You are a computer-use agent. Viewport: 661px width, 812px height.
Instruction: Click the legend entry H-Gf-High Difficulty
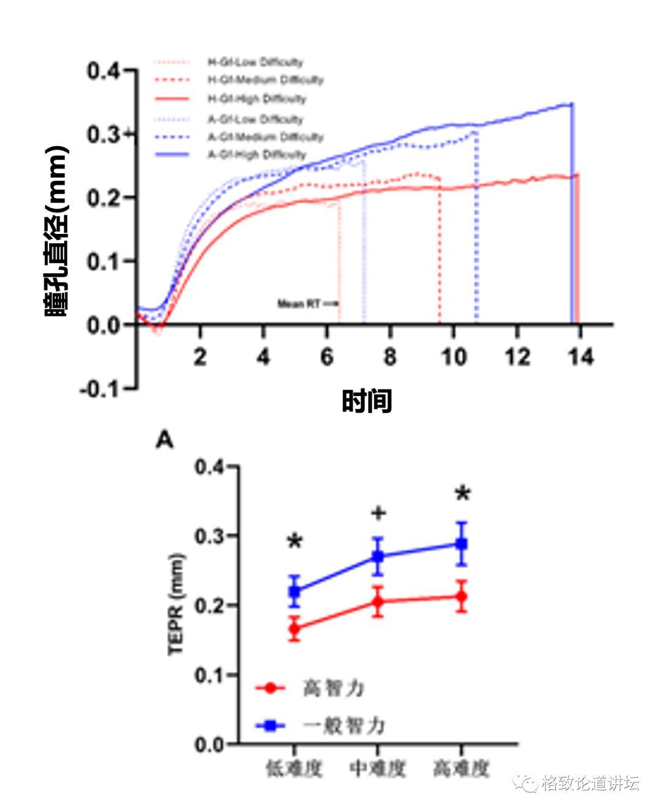pos(256,99)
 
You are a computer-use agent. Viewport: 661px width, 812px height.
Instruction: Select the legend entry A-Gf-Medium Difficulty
pos(265,137)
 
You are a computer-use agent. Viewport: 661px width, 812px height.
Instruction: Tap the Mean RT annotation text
pos(299,304)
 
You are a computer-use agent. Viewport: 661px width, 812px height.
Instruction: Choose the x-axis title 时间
pos(367,402)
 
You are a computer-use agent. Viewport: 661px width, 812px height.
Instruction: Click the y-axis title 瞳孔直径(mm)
pos(56,231)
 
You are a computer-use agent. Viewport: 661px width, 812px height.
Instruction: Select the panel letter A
pos(165,439)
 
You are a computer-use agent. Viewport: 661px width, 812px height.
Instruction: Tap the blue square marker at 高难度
pos(461,544)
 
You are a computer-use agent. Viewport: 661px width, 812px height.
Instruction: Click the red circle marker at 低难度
pos(295,628)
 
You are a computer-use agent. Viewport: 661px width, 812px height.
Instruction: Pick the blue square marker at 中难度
pos(378,557)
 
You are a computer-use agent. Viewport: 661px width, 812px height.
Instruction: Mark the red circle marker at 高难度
pos(461,596)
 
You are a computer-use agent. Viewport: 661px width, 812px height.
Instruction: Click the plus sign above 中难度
pos(378,513)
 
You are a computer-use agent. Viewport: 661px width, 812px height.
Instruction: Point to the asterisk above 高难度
pos(462,494)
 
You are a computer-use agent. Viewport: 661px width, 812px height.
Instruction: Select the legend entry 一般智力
pos(343,726)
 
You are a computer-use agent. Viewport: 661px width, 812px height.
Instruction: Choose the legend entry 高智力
pos(334,688)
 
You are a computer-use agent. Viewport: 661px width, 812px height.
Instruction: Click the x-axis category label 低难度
pos(294,769)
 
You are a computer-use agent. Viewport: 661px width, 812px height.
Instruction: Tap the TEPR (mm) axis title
pos(177,604)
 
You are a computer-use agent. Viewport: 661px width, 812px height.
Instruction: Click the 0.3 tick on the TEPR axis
pos(212,536)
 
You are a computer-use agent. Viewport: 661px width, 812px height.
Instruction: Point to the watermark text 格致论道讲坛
pos(591,783)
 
